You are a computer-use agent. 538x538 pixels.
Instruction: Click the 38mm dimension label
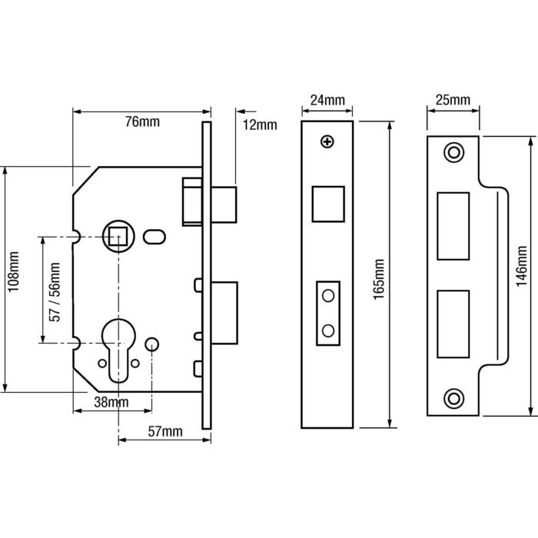pos(111,403)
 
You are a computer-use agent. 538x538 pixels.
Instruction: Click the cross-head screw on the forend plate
pos(328,142)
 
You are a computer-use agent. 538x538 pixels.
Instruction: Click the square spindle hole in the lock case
pos(118,236)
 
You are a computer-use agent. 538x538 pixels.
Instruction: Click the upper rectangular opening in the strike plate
pos(453,225)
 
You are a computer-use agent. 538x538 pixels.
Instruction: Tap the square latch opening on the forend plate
pos(328,204)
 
